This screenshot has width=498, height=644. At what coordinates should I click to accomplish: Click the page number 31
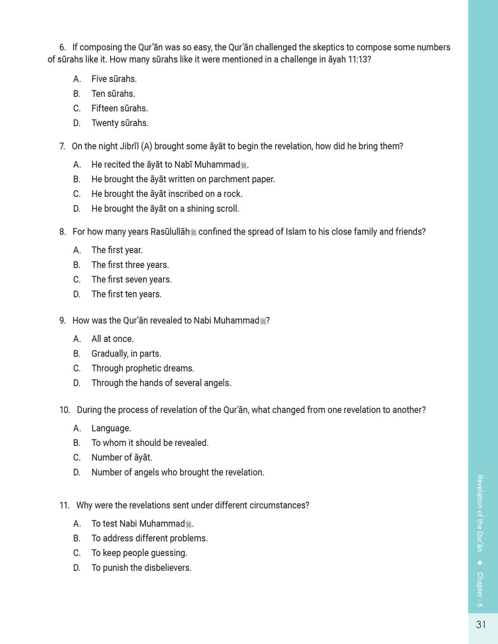pyautogui.click(x=481, y=625)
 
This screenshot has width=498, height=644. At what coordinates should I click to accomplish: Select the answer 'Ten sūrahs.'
pyautogui.click(x=113, y=94)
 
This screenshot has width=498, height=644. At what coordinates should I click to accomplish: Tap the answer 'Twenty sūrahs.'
pyautogui.click(x=120, y=123)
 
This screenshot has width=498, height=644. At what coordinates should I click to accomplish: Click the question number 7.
pyautogui.click(x=62, y=147)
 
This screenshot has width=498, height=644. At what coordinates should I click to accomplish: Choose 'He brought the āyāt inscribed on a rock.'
pyautogui.click(x=167, y=194)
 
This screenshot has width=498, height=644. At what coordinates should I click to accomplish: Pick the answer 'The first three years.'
pyautogui.click(x=130, y=265)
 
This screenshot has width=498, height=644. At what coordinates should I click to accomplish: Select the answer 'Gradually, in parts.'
pyautogui.click(x=126, y=353)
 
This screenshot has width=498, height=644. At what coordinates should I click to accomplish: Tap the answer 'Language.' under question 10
pyautogui.click(x=111, y=428)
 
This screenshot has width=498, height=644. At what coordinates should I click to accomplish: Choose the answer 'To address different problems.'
pyautogui.click(x=149, y=538)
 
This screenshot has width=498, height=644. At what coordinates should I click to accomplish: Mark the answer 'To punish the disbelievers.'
pyautogui.click(x=141, y=568)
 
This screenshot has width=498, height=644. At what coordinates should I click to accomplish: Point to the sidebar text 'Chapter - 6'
pyautogui.click(x=480, y=589)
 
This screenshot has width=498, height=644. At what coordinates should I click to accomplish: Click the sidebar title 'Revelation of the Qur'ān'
pyautogui.click(x=480, y=513)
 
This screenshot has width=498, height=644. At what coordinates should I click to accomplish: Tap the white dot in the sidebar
pyautogui.click(x=480, y=562)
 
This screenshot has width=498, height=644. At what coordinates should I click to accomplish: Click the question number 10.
pyautogui.click(x=64, y=410)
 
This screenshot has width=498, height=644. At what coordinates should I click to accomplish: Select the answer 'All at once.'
pyautogui.click(x=112, y=339)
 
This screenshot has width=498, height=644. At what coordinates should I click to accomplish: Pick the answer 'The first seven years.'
pyautogui.click(x=131, y=280)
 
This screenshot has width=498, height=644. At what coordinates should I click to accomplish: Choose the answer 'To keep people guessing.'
pyautogui.click(x=139, y=553)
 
